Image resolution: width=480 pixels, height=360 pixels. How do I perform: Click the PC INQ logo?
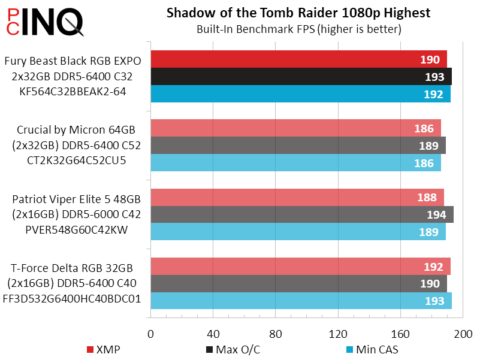tap(43, 23)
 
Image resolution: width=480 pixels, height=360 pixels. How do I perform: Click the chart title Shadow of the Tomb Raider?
tap(298, 13)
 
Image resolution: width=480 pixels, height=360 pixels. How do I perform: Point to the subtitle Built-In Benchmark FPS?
tap(298, 28)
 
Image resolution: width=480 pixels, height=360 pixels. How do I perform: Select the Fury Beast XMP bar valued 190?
tap(298, 59)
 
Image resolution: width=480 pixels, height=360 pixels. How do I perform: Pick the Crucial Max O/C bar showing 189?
tap(298, 146)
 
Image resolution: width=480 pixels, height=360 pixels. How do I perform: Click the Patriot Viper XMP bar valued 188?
tap(297, 198)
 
